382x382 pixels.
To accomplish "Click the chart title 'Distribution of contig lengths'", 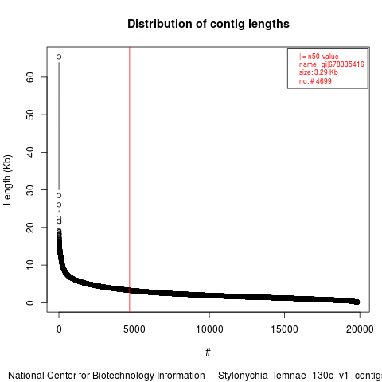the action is tap(209, 24).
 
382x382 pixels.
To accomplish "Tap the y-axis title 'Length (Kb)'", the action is tap(8, 180).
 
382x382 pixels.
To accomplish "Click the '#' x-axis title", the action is tap(208, 353).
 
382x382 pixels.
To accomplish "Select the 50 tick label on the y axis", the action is tap(30, 115).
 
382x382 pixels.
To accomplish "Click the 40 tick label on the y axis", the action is tap(30, 152).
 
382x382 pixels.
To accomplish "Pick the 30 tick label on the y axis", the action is tap(30, 189).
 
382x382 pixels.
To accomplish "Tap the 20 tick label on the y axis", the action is tap(30, 228).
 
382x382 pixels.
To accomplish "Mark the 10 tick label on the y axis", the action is tap(30, 265).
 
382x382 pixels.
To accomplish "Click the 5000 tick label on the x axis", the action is tap(134, 329).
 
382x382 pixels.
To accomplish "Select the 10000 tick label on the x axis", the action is tap(209, 329).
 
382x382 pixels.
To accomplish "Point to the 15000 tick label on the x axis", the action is tap(284, 329).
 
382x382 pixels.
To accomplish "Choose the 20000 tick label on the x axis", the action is tap(360, 329).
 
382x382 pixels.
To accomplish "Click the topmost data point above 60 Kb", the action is tap(59, 57).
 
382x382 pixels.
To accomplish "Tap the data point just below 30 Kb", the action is tap(59, 196).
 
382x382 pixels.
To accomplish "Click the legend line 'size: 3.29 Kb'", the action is tap(318, 72).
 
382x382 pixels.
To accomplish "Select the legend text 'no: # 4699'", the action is tap(315, 80).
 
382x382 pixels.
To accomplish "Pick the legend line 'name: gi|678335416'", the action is tap(332, 64).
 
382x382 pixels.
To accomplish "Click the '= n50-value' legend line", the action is tap(319, 57).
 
